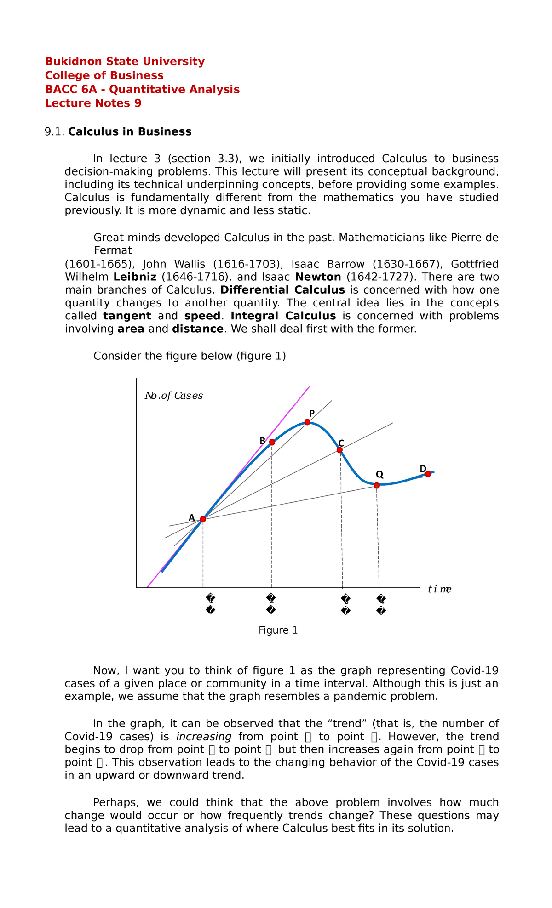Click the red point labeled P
pos(307,422)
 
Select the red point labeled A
pos(203,519)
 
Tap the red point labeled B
pos(272,442)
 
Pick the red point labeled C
pos(339,450)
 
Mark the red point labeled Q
pos(377,485)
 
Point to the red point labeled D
pos(428,474)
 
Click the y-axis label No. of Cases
pos(174,396)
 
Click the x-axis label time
pos(439,589)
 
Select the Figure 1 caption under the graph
pos(278,630)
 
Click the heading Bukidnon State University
pos(125,62)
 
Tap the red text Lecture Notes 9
pos(93,103)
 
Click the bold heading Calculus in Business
pos(130,132)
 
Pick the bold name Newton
pos(318,277)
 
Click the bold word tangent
pos(127,316)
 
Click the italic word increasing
pos(203,737)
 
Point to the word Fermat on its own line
pos(113,251)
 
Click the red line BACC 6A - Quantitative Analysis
pos(142,89)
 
